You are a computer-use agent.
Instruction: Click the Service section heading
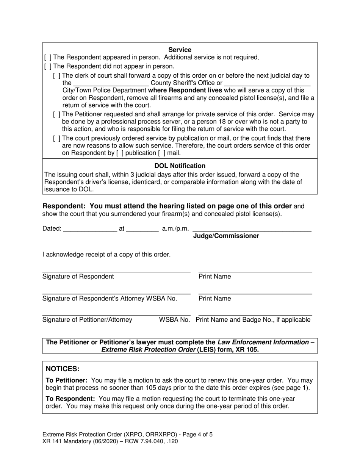click(x=180, y=50)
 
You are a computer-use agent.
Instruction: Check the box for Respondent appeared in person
click(x=48, y=57)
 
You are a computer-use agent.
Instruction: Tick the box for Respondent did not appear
click(x=48, y=66)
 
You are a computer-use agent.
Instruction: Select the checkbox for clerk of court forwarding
click(x=57, y=76)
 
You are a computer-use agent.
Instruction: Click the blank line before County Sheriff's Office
click(x=111, y=83)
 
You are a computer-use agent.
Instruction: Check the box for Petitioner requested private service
click(x=57, y=114)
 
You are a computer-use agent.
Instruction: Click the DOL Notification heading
click(x=180, y=166)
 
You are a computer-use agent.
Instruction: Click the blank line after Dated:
click(x=90, y=229)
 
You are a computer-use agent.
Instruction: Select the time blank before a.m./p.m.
click(x=142, y=229)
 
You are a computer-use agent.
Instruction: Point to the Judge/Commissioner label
click(x=226, y=236)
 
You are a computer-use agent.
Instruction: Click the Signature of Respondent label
click(x=78, y=277)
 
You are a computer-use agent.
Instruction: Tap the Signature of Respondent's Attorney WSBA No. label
click(x=110, y=299)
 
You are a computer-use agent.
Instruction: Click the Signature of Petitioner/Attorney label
click(x=87, y=320)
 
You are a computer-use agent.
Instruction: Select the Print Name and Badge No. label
click(x=253, y=320)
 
